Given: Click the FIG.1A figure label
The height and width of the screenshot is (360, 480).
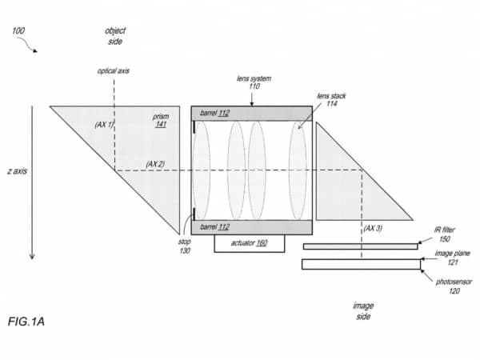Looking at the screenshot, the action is [x=26, y=322].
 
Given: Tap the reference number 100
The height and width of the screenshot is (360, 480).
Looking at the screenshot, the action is [x=18, y=30].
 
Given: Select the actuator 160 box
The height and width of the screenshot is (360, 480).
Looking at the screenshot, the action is [x=249, y=244].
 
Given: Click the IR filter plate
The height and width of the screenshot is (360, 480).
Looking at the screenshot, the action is [x=360, y=246].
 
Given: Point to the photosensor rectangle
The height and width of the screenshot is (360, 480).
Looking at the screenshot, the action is [x=361, y=264].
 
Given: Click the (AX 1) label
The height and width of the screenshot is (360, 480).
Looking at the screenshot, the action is [x=104, y=125].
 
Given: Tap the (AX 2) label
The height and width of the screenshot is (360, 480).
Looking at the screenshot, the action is [x=155, y=164].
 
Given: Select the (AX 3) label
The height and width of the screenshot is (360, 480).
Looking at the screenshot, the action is [x=373, y=228].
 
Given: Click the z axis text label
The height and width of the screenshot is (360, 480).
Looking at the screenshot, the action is [x=17, y=171].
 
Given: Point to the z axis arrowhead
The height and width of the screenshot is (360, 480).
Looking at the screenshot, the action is [x=32, y=256].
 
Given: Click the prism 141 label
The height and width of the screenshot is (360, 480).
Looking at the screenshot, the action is [x=161, y=120].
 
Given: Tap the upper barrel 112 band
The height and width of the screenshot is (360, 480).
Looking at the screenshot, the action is [x=252, y=114].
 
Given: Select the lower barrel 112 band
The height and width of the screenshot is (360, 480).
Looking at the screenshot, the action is [x=252, y=227].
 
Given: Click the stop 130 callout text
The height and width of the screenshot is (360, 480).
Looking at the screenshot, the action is [x=185, y=246].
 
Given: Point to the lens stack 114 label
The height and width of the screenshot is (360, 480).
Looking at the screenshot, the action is [x=331, y=100].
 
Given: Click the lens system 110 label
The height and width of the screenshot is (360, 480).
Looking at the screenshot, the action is [x=254, y=82].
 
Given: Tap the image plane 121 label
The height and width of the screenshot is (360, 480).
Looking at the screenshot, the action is [x=453, y=258].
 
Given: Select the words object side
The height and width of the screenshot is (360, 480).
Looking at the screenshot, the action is [x=115, y=36].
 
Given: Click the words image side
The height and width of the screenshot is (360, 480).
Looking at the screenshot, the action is [x=363, y=310].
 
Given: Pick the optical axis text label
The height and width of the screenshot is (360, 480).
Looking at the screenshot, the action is [x=114, y=71].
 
